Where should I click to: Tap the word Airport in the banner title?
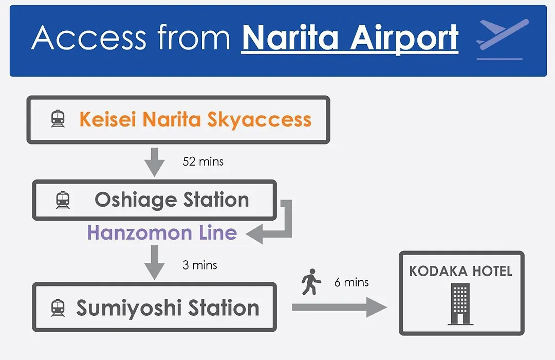pyautogui.click(x=404, y=39)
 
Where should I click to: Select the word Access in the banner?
pyautogui.click(x=88, y=38)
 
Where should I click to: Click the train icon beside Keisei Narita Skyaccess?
pyautogui.click(x=58, y=119)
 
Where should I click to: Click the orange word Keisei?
pyautogui.click(x=107, y=119)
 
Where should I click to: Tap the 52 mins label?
pyautogui.click(x=203, y=161)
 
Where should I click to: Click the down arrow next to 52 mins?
pyautogui.click(x=154, y=162)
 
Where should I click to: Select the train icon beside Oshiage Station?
pyautogui.click(x=63, y=200)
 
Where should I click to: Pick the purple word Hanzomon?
pyautogui.click(x=139, y=233)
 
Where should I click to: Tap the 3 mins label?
pyautogui.click(x=199, y=265)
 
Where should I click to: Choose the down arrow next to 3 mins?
pyautogui.click(x=154, y=263)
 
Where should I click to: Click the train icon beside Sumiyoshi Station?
pyautogui.click(x=58, y=308)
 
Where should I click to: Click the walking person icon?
pyautogui.click(x=311, y=282)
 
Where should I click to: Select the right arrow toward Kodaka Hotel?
pyautogui.click(x=339, y=307)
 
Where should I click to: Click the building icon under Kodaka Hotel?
pyautogui.click(x=460, y=303)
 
